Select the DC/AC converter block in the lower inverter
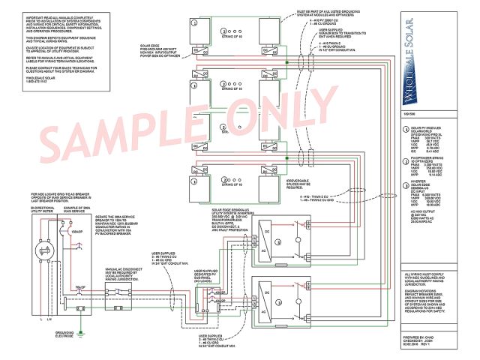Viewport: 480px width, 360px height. click(x=265, y=295)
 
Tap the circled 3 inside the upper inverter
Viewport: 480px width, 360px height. click(x=280, y=243)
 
